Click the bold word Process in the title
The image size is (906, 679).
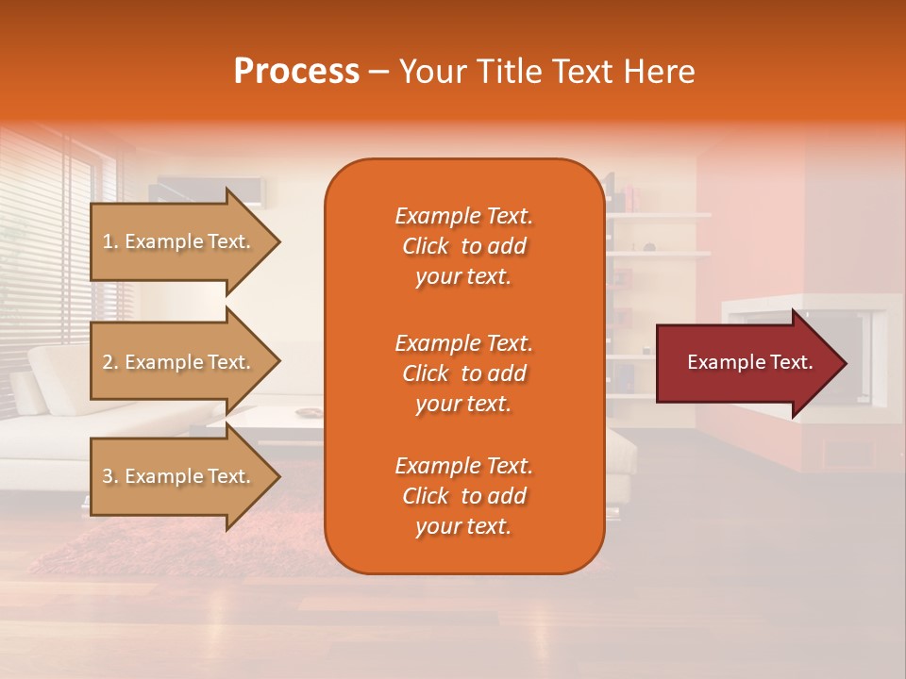[x=296, y=72]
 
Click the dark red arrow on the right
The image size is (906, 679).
[x=746, y=362]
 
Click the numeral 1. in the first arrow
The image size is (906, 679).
[x=110, y=241]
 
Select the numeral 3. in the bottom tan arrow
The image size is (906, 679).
[x=110, y=476]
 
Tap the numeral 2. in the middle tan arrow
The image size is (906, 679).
[x=110, y=362]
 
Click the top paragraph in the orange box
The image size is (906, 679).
[x=463, y=246]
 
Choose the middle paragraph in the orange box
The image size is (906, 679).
[x=463, y=373]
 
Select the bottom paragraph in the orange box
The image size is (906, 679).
[x=463, y=496]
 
